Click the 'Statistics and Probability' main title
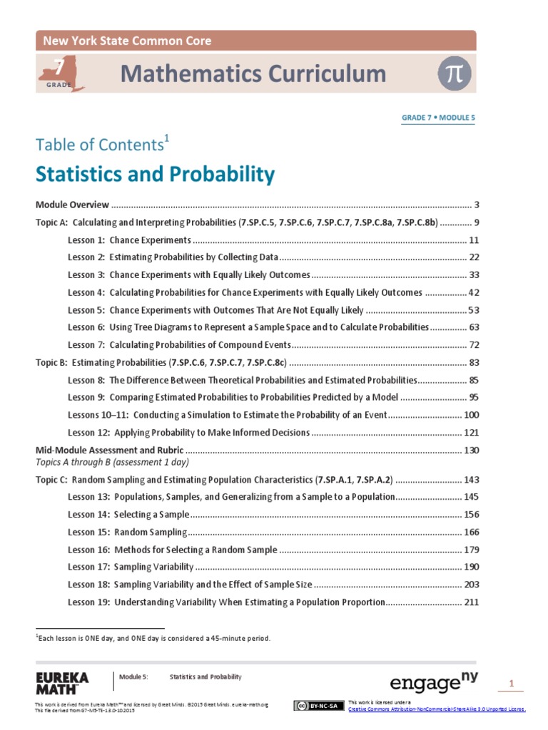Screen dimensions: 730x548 point(155,175)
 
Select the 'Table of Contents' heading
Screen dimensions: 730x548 point(100,144)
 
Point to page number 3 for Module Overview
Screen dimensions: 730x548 point(476,205)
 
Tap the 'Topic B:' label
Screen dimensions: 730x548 point(51,362)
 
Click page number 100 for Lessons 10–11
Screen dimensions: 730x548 point(471,415)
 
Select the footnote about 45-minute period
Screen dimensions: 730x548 point(153,638)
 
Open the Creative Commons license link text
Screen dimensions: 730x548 point(437,709)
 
